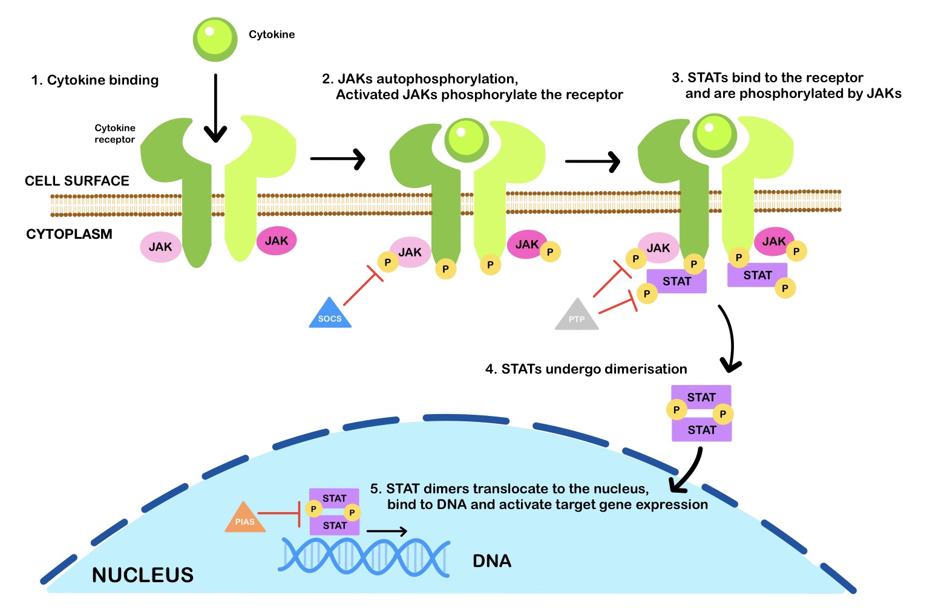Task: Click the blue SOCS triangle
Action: pyautogui.click(x=330, y=315)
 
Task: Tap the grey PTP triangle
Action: pyautogui.click(x=577, y=316)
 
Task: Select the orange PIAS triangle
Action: pyautogui.click(x=245, y=519)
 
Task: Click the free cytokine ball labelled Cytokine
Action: pyautogui.click(x=215, y=39)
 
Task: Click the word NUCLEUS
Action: pyautogui.click(x=143, y=575)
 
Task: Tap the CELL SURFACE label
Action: pyautogui.click(x=77, y=181)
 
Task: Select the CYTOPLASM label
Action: pyautogui.click(x=69, y=234)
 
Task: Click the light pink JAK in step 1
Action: pyautogui.click(x=160, y=247)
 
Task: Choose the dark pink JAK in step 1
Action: pyautogui.click(x=277, y=241)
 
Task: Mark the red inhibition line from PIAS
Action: pyautogui.click(x=279, y=513)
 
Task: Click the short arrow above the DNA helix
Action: pyautogui.click(x=387, y=531)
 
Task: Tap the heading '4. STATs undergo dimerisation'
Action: pyautogui.click(x=586, y=369)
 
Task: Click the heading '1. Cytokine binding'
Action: pyautogui.click(x=95, y=80)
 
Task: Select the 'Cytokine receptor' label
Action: pyautogui.click(x=114, y=134)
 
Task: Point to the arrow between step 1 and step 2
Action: pyautogui.click(x=337, y=158)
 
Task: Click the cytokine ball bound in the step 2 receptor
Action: pyautogui.click(x=467, y=140)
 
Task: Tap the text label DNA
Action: pyautogui.click(x=491, y=561)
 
